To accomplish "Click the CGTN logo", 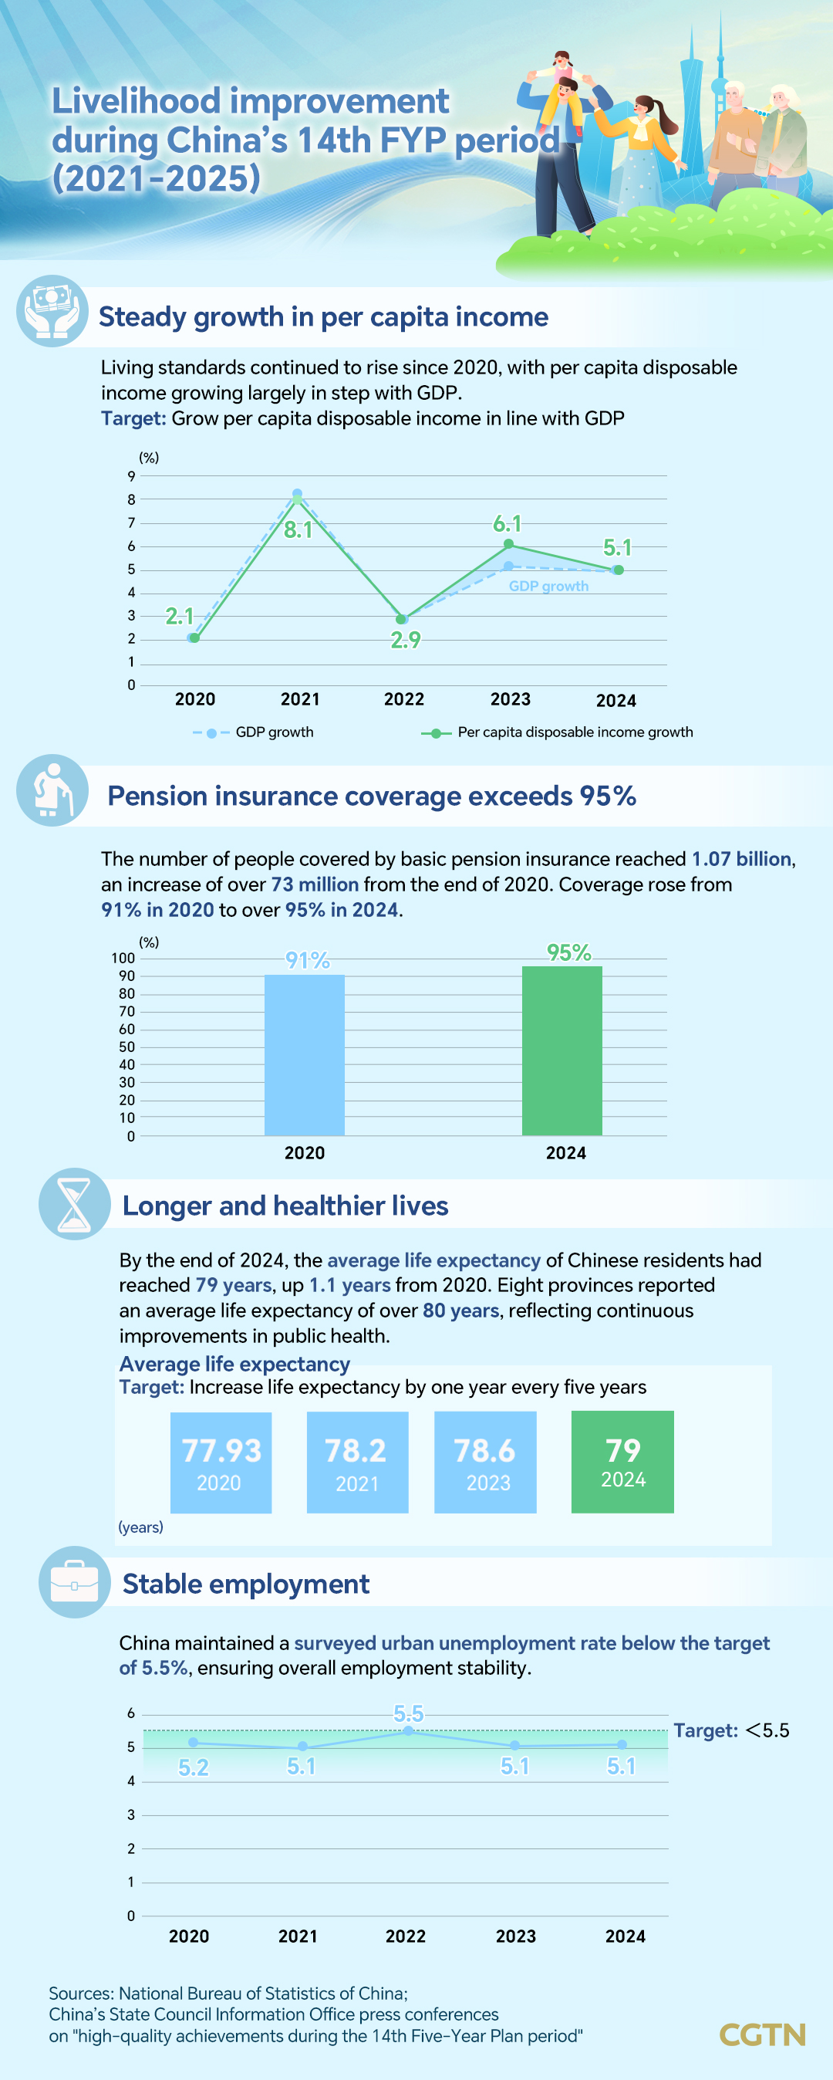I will click(x=762, y=2034).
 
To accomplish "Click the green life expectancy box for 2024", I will click(x=622, y=1462).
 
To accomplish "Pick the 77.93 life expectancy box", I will click(x=221, y=1463).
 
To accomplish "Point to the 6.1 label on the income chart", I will click(x=507, y=524).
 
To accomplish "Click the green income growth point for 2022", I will click(x=401, y=619).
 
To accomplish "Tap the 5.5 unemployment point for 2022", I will click(x=409, y=1730).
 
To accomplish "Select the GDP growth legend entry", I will click(x=255, y=732).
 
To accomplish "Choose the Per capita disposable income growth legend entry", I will click(x=557, y=732).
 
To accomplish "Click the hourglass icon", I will click(x=74, y=1204).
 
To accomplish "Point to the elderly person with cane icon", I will click(x=52, y=790).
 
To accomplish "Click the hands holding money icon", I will click(x=52, y=311).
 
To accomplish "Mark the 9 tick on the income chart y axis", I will click(x=132, y=476).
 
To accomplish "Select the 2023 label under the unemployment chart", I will click(x=516, y=1936).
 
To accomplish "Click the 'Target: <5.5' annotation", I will click(x=731, y=1730).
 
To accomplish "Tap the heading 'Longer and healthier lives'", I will click(x=285, y=1206).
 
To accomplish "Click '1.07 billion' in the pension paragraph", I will click(x=741, y=859).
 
